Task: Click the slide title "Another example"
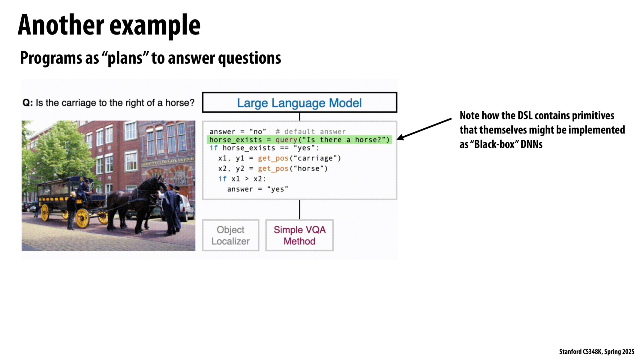(109, 25)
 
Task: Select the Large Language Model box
(299, 103)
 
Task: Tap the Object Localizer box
(230, 235)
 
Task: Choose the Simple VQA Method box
(299, 235)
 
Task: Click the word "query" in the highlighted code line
(286, 140)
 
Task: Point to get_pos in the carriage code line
(273, 158)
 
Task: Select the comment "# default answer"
(311, 132)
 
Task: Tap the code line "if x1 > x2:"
(242, 179)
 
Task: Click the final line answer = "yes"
(257, 189)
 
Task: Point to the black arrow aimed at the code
(424, 129)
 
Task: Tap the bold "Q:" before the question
(28, 103)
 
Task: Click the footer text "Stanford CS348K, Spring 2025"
(597, 352)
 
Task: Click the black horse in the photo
(137, 204)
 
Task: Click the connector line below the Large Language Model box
(299, 117)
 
